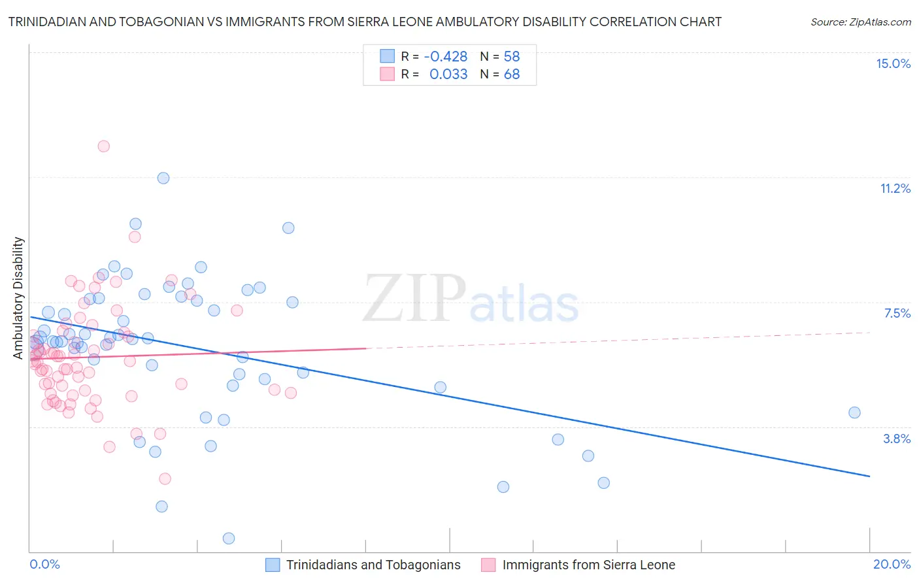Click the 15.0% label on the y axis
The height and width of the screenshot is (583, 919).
[x=893, y=63]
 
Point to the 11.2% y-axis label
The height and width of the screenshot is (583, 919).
[x=895, y=188]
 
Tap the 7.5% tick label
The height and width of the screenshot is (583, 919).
[x=897, y=313]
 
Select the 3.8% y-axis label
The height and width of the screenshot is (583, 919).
[x=897, y=439]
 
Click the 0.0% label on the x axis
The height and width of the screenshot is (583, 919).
[x=44, y=564]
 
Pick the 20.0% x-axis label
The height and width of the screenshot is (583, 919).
[x=892, y=564]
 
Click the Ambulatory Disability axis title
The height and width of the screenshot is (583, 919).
[x=18, y=297]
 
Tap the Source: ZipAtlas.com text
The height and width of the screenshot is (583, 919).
[x=860, y=22]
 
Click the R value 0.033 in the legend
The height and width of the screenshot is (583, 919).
[x=448, y=75]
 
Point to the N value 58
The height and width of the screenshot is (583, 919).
[x=512, y=57]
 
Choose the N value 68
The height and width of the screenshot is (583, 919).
[x=512, y=75]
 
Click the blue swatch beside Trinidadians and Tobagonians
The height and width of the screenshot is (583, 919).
[x=273, y=565]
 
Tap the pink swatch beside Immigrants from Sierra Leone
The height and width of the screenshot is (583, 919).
[x=488, y=565]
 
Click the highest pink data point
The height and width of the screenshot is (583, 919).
[x=103, y=146]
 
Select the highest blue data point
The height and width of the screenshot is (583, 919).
[x=163, y=178]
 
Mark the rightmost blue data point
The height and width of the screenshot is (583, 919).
[x=854, y=412]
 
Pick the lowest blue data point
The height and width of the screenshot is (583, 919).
[x=229, y=539]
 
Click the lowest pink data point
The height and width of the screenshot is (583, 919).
[x=165, y=479]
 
